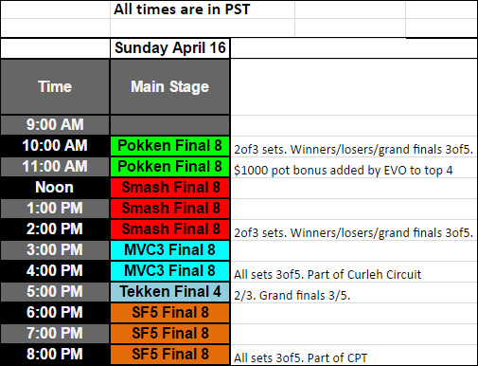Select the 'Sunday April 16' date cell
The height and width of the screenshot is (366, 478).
tap(169, 48)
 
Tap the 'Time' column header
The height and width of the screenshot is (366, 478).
tap(55, 86)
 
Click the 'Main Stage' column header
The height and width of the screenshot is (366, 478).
tap(169, 86)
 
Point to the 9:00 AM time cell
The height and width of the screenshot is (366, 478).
tap(55, 124)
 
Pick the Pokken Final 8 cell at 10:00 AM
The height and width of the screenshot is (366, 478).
tap(169, 145)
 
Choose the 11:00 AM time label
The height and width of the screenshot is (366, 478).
tap(55, 166)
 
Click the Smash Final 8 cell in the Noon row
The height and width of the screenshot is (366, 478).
tap(169, 187)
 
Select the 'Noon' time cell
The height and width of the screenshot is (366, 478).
tap(55, 187)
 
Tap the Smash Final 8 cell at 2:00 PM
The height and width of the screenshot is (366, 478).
tap(169, 229)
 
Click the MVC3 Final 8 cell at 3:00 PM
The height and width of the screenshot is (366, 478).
tap(169, 249)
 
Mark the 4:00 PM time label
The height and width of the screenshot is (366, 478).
tap(55, 270)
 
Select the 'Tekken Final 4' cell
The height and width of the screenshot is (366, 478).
tap(169, 291)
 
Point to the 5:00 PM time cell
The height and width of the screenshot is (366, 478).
tap(55, 291)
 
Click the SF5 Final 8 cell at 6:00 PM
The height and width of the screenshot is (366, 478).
tap(169, 312)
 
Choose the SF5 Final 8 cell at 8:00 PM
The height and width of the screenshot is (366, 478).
tap(169, 354)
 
